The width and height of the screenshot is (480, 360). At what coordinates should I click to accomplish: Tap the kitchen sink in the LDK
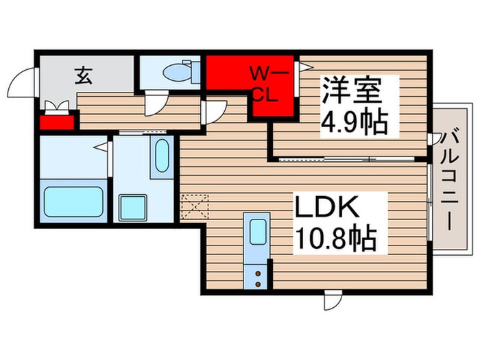tap(258, 232)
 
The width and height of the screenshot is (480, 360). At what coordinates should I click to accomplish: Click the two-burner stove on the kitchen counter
tap(258, 277)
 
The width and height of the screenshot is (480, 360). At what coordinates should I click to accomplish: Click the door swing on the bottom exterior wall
tap(332, 300)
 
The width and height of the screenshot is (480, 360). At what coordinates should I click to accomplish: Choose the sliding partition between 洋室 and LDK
tap(350, 159)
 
